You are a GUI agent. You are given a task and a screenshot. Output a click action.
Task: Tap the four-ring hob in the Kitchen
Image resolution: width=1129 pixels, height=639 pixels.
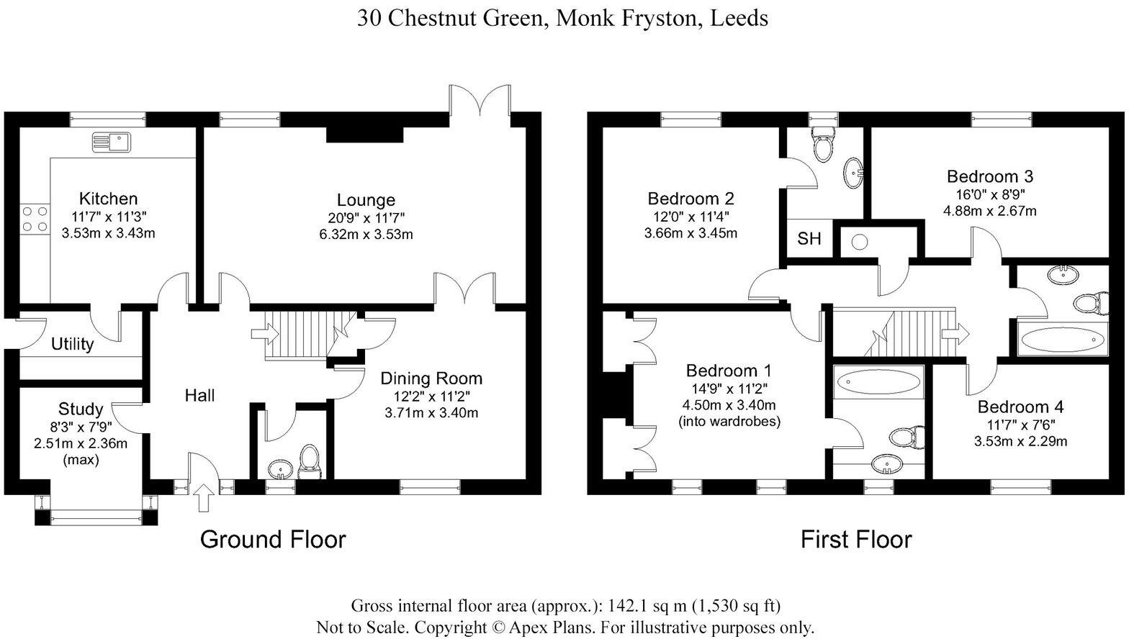[x=35, y=219]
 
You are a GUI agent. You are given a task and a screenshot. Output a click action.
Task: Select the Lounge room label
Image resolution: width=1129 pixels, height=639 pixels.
[x=366, y=200]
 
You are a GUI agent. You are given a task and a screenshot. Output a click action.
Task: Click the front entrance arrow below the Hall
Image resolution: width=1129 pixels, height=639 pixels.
[x=204, y=497]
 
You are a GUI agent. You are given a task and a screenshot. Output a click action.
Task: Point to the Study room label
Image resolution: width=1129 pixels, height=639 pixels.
[x=80, y=409]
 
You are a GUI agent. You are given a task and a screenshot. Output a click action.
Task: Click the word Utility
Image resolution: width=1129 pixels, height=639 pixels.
[x=72, y=345]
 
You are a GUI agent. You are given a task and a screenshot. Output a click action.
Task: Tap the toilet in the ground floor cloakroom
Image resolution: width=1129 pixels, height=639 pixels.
[x=309, y=461]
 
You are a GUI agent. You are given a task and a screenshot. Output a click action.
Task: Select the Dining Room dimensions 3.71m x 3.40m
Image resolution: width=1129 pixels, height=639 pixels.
[x=431, y=413]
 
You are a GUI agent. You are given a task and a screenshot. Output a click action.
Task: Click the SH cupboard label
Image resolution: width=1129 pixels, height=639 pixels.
[x=809, y=239]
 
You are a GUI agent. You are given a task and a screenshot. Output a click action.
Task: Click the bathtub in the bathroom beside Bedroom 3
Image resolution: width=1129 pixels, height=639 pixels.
[x=1062, y=338]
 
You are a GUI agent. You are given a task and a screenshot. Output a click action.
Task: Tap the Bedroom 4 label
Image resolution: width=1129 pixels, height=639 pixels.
[x=1020, y=407]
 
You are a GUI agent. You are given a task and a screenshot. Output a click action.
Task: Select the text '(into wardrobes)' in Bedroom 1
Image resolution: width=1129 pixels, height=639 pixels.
[x=729, y=422]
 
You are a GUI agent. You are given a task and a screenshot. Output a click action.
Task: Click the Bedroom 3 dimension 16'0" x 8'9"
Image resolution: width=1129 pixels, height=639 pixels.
[x=989, y=194]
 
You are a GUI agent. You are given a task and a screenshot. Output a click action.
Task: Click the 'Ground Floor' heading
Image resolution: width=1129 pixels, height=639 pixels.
[x=272, y=539]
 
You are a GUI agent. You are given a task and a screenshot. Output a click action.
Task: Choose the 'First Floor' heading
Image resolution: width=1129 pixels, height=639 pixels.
[x=855, y=539]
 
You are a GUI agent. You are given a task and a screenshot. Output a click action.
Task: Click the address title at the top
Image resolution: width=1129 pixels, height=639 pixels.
[x=562, y=18]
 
